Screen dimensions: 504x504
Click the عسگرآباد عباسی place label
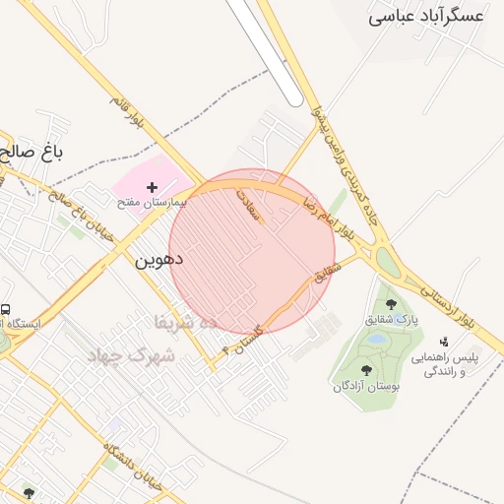click(x=426, y=16)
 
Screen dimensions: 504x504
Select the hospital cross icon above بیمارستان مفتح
click(x=152, y=187)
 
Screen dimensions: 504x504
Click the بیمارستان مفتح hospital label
click(x=152, y=202)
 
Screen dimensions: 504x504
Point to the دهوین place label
click(x=158, y=261)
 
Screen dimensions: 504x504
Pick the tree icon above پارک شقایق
click(x=392, y=304)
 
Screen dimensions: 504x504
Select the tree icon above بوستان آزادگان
click(x=367, y=371)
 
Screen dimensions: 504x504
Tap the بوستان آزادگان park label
click(x=367, y=387)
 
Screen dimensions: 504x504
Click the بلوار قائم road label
click(x=127, y=116)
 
